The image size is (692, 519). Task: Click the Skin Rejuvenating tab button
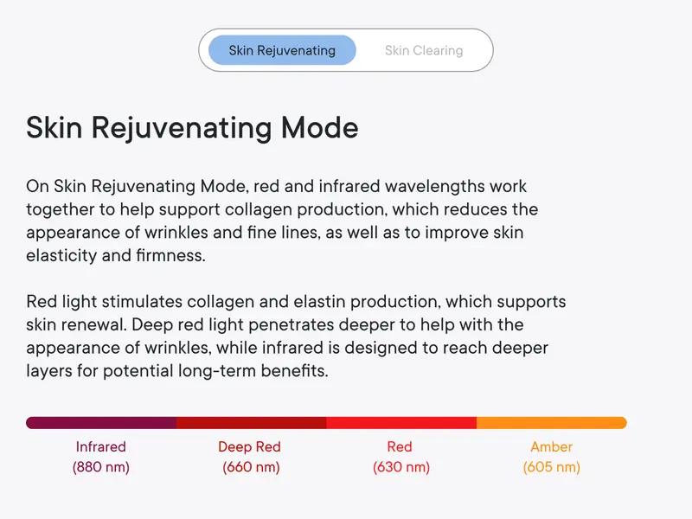click(x=282, y=50)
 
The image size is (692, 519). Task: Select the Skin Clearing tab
click(x=424, y=50)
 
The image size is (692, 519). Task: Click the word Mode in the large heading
click(x=319, y=128)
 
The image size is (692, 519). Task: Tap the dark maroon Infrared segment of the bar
click(x=101, y=423)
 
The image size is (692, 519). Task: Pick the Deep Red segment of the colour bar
click(x=251, y=423)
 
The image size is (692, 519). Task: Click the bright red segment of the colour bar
click(x=401, y=423)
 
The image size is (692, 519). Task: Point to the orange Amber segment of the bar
click(x=552, y=423)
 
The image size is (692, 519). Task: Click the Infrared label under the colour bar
click(x=101, y=447)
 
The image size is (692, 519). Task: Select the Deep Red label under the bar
click(x=249, y=447)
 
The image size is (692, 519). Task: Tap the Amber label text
click(x=552, y=447)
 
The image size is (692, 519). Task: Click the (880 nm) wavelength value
click(x=101, y=467)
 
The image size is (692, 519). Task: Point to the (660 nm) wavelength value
click(x=251, y=467)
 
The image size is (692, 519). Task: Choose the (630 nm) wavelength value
click(x=401, y=467)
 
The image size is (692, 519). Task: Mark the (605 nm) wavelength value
click(x=552, y=467)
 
